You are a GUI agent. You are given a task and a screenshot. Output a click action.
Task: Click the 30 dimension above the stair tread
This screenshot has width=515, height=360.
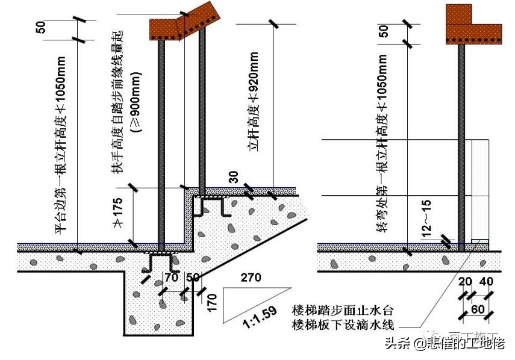pyautogui.click(x=234, y=176)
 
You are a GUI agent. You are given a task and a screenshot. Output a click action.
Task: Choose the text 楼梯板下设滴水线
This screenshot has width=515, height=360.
pyautogui.click(x=342, y=326)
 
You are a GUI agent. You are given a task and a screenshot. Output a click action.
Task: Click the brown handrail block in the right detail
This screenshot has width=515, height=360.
pyautogui.click(x=472, y=27)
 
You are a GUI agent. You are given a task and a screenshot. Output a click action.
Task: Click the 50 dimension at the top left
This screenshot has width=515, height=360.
pyautogui.click(x=41, y=29)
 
